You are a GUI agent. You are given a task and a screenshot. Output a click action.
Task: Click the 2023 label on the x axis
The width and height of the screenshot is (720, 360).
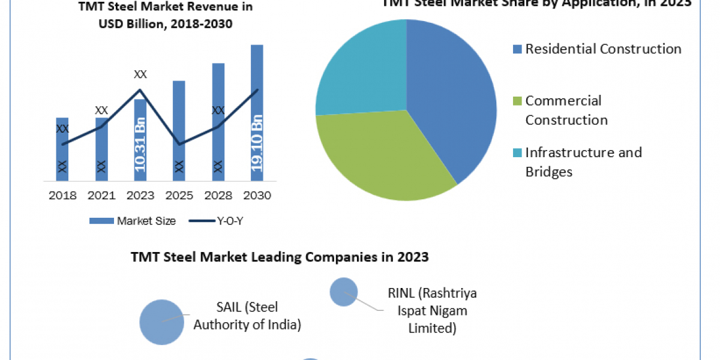(x=140, y=196)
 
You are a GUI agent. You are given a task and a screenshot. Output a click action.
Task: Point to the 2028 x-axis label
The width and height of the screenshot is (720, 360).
(x=218, y=196)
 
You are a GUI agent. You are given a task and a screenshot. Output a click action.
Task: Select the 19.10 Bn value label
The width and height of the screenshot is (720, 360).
(x=257, y=144)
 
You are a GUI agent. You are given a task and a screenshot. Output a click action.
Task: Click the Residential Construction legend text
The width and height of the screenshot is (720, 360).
(x=603, y=49)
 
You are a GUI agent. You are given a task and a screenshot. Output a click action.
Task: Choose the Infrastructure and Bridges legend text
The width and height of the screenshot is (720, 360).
(x=583, y=162)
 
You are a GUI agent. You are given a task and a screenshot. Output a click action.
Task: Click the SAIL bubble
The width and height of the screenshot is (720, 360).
(x=161, y=322)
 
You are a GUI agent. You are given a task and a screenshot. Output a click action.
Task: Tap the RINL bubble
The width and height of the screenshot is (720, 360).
(x=344, y=292)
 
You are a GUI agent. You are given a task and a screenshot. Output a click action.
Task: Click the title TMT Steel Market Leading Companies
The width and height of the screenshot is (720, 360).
(x=280, y=257)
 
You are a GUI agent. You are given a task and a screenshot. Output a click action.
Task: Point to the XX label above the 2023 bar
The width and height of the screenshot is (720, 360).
(x=140, y=74)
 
